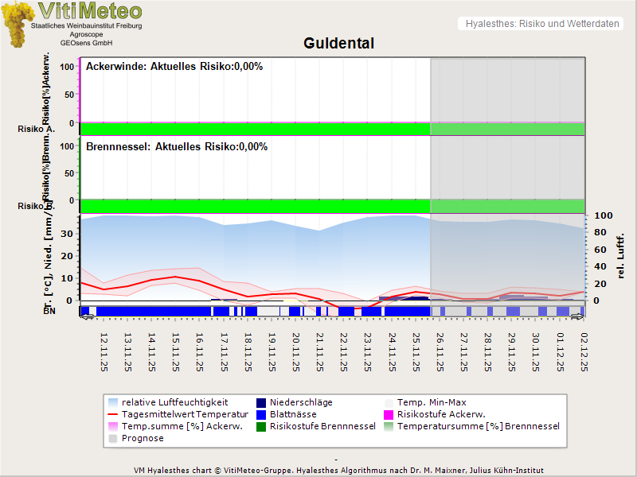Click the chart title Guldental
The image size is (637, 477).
pos(338,43)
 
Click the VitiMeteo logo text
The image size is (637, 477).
pos(90,11)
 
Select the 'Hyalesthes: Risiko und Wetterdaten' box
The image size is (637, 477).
pos(541,24)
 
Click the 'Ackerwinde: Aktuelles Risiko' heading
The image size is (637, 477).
pos(174,67)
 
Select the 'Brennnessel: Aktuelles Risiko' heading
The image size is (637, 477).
pos(176,147)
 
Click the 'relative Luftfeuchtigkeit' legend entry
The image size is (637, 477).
pos(174,402)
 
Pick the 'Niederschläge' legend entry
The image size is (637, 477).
pos(301,402)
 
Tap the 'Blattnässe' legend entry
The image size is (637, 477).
pos(293,414)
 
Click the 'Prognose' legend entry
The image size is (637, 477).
pos(143,438)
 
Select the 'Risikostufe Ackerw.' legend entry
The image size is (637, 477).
pos(441,414)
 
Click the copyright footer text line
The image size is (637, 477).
pos(339,470)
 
